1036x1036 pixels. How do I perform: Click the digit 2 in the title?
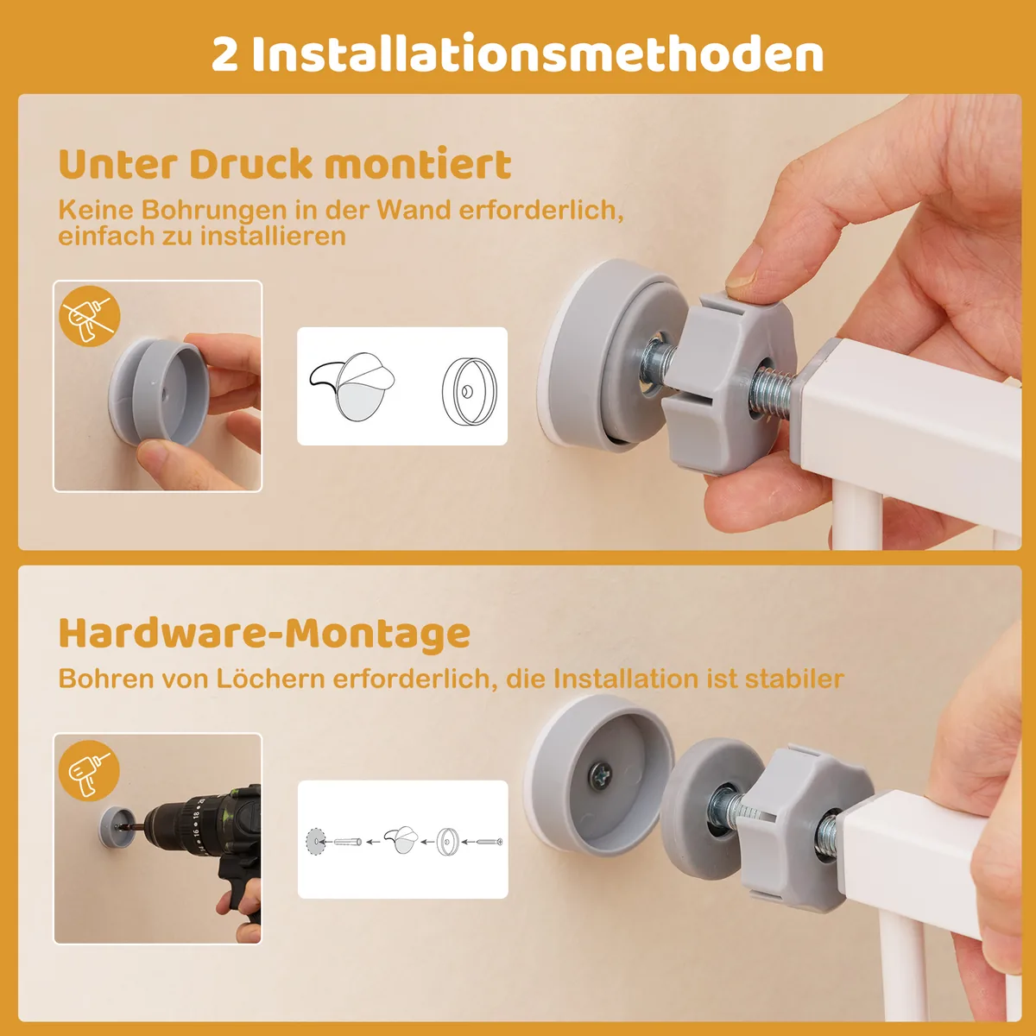(x=224, y=54)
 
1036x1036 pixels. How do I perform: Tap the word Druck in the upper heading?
(x=250, y=164)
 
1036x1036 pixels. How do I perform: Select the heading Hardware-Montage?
(x=264, y=634)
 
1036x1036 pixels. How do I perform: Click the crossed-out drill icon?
(x=90, y=316)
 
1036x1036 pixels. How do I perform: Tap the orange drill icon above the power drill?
(x=89, y=771)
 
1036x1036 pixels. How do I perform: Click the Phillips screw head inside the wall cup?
(x=600, y=776)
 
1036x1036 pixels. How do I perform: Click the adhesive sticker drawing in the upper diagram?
(x=352, y=387)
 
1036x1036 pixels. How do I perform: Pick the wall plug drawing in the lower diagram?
(x=348, y=842)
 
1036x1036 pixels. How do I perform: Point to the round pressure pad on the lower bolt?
(x=710, y=808)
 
